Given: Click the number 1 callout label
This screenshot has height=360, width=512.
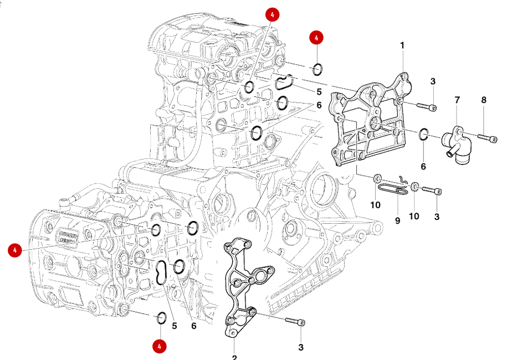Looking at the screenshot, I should (402, 45).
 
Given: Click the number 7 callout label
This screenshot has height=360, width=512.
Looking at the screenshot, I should (457, 100).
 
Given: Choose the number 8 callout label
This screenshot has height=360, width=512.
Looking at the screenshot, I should (484, 100).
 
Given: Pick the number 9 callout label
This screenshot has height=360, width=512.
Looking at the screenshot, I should (397, 220).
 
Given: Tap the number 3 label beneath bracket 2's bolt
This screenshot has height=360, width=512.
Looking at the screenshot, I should (301, 347).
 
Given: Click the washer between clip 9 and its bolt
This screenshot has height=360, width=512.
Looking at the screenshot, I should (415, 188).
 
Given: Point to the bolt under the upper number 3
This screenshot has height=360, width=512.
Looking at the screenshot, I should (426, 106).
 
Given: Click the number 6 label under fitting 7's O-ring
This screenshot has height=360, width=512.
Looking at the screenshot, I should (423, 166).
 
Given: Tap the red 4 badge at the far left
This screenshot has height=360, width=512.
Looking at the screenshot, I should (15, 250).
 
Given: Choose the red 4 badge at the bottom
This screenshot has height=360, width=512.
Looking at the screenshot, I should (160, 346).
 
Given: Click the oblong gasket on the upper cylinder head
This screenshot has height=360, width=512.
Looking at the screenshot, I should (284, 83).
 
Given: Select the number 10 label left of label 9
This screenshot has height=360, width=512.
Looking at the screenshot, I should (376, 205).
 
